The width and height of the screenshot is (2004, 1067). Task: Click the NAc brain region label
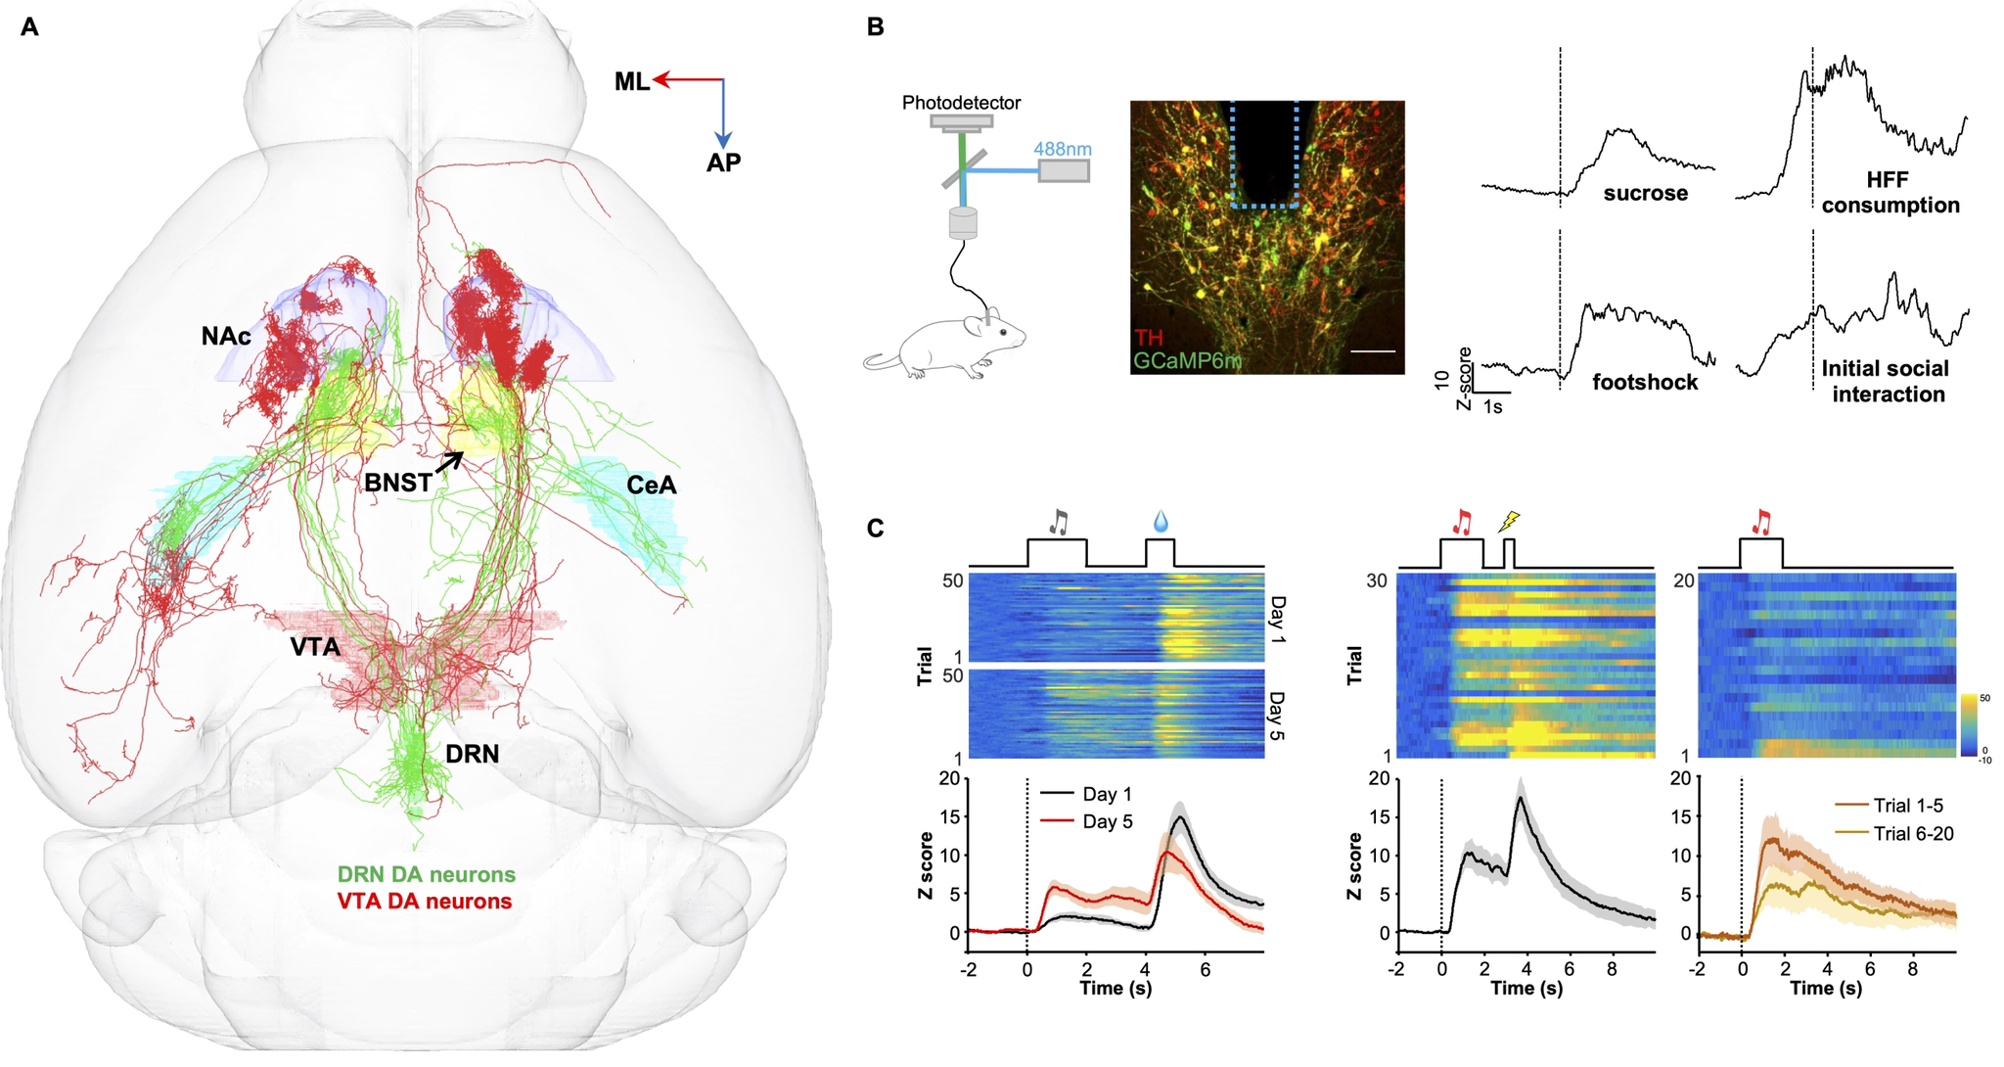[225, 337]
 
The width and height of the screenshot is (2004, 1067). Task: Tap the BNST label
[397, 482]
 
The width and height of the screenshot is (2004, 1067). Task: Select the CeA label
[652, 485]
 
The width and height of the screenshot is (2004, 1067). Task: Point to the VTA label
[314, 647]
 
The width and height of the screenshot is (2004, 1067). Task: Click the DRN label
[474, 754]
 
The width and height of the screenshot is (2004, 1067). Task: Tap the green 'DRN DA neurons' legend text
[427, 874]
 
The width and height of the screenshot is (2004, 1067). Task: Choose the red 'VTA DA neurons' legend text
[424, 901]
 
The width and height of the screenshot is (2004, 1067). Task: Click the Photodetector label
[961, 103]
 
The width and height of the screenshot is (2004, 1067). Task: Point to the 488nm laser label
[1064, 150]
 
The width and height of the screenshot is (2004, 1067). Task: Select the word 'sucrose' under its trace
[1645, 194]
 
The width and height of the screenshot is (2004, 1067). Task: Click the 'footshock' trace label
[1645, 382]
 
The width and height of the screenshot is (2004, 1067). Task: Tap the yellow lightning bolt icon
[1510, 522]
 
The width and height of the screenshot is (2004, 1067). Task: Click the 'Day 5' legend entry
[1108, 821]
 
